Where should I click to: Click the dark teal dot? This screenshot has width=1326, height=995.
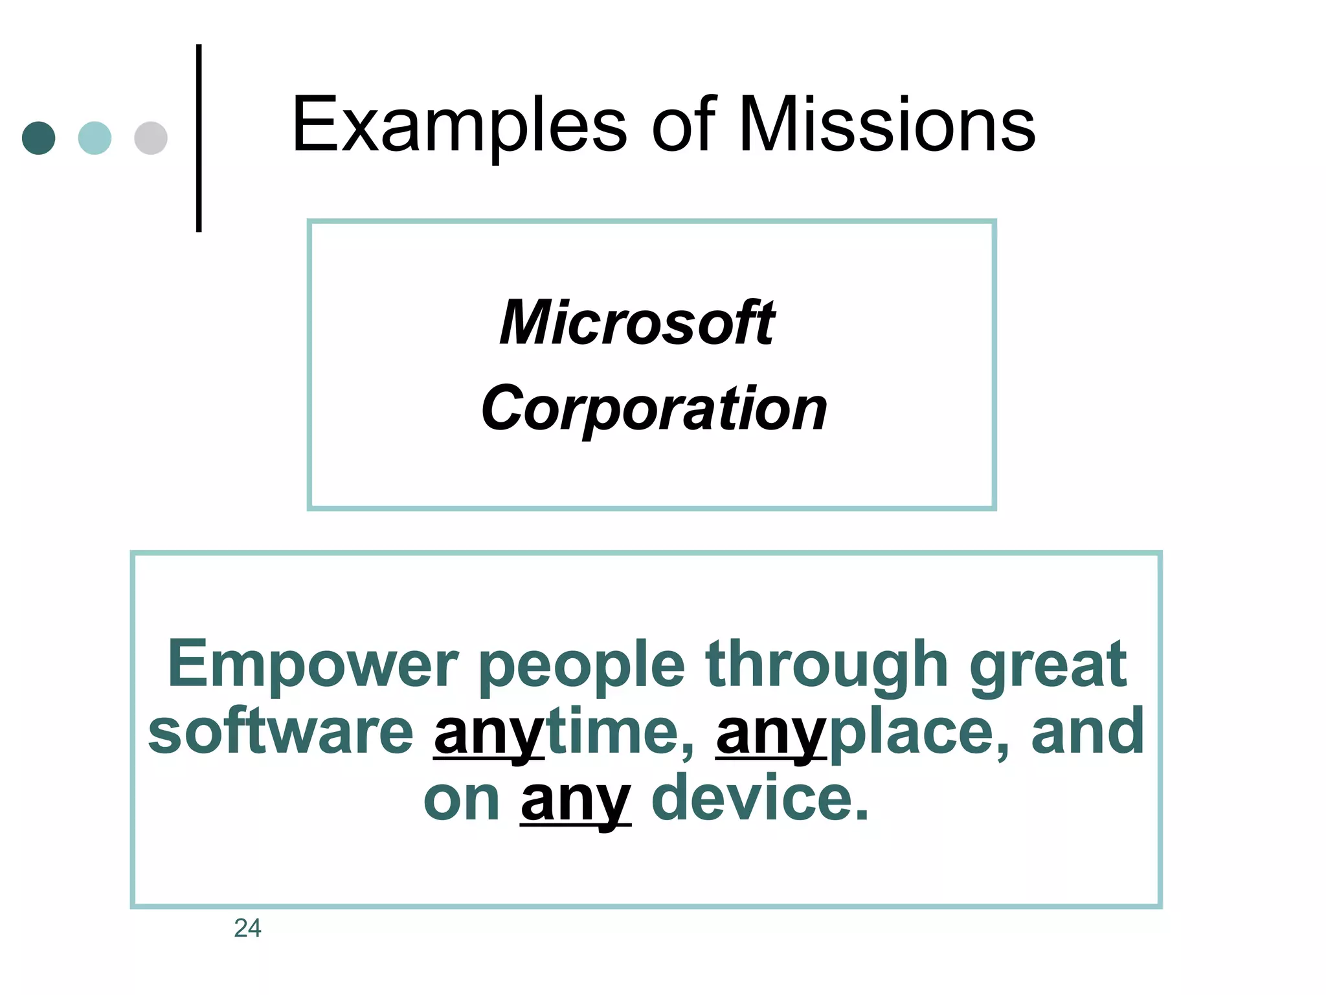coord(39,138)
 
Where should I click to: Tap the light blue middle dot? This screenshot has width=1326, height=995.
coord(95,138)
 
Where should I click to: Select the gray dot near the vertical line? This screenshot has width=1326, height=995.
coord(151,138)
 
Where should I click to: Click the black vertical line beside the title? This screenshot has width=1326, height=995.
coord(199,138)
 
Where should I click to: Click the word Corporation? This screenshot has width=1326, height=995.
coord(654,408)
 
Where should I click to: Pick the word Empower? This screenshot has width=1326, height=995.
coord(313,665)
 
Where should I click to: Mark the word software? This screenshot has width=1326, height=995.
coord(280,732)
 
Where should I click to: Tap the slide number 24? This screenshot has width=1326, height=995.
coord(247,928)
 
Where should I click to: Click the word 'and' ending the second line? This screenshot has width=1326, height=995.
coord(1088,732)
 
